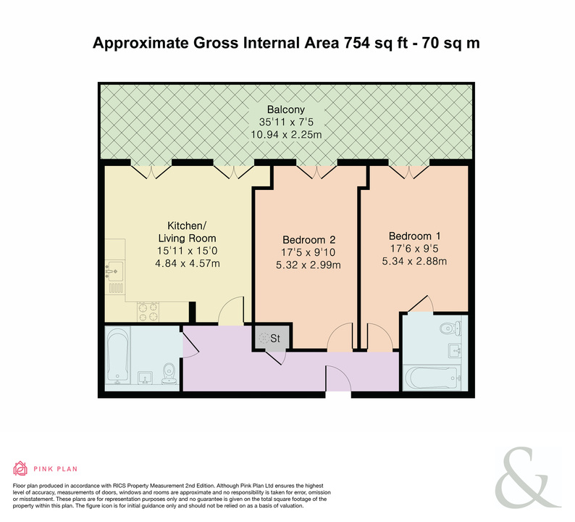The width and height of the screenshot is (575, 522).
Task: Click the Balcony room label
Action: [x=285, y=109]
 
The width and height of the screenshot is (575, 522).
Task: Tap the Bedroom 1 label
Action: [x=415, y=236]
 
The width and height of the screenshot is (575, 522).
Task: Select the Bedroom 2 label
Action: [x=309, y=240]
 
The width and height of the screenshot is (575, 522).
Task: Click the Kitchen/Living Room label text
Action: [x=187, y=231]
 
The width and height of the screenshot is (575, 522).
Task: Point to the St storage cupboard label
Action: [x=275, y=338]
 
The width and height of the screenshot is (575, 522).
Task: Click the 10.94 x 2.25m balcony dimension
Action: [x=286, y=134]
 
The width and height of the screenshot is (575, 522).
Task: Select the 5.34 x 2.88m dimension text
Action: [x=414, y=261]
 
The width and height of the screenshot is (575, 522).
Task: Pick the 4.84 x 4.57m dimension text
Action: [x=188, y=263]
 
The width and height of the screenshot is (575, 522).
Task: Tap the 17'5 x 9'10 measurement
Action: [x=309, y=252]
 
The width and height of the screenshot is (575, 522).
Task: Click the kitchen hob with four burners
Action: [x=148, y=312]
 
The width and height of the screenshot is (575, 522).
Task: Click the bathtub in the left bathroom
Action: [x=117, y=355]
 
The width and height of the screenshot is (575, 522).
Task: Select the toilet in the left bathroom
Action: [x=169, y=373]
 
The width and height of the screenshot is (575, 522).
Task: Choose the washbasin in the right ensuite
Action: [x=455, y=351]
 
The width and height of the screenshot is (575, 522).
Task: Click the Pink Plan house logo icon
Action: [x=20, y=468]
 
